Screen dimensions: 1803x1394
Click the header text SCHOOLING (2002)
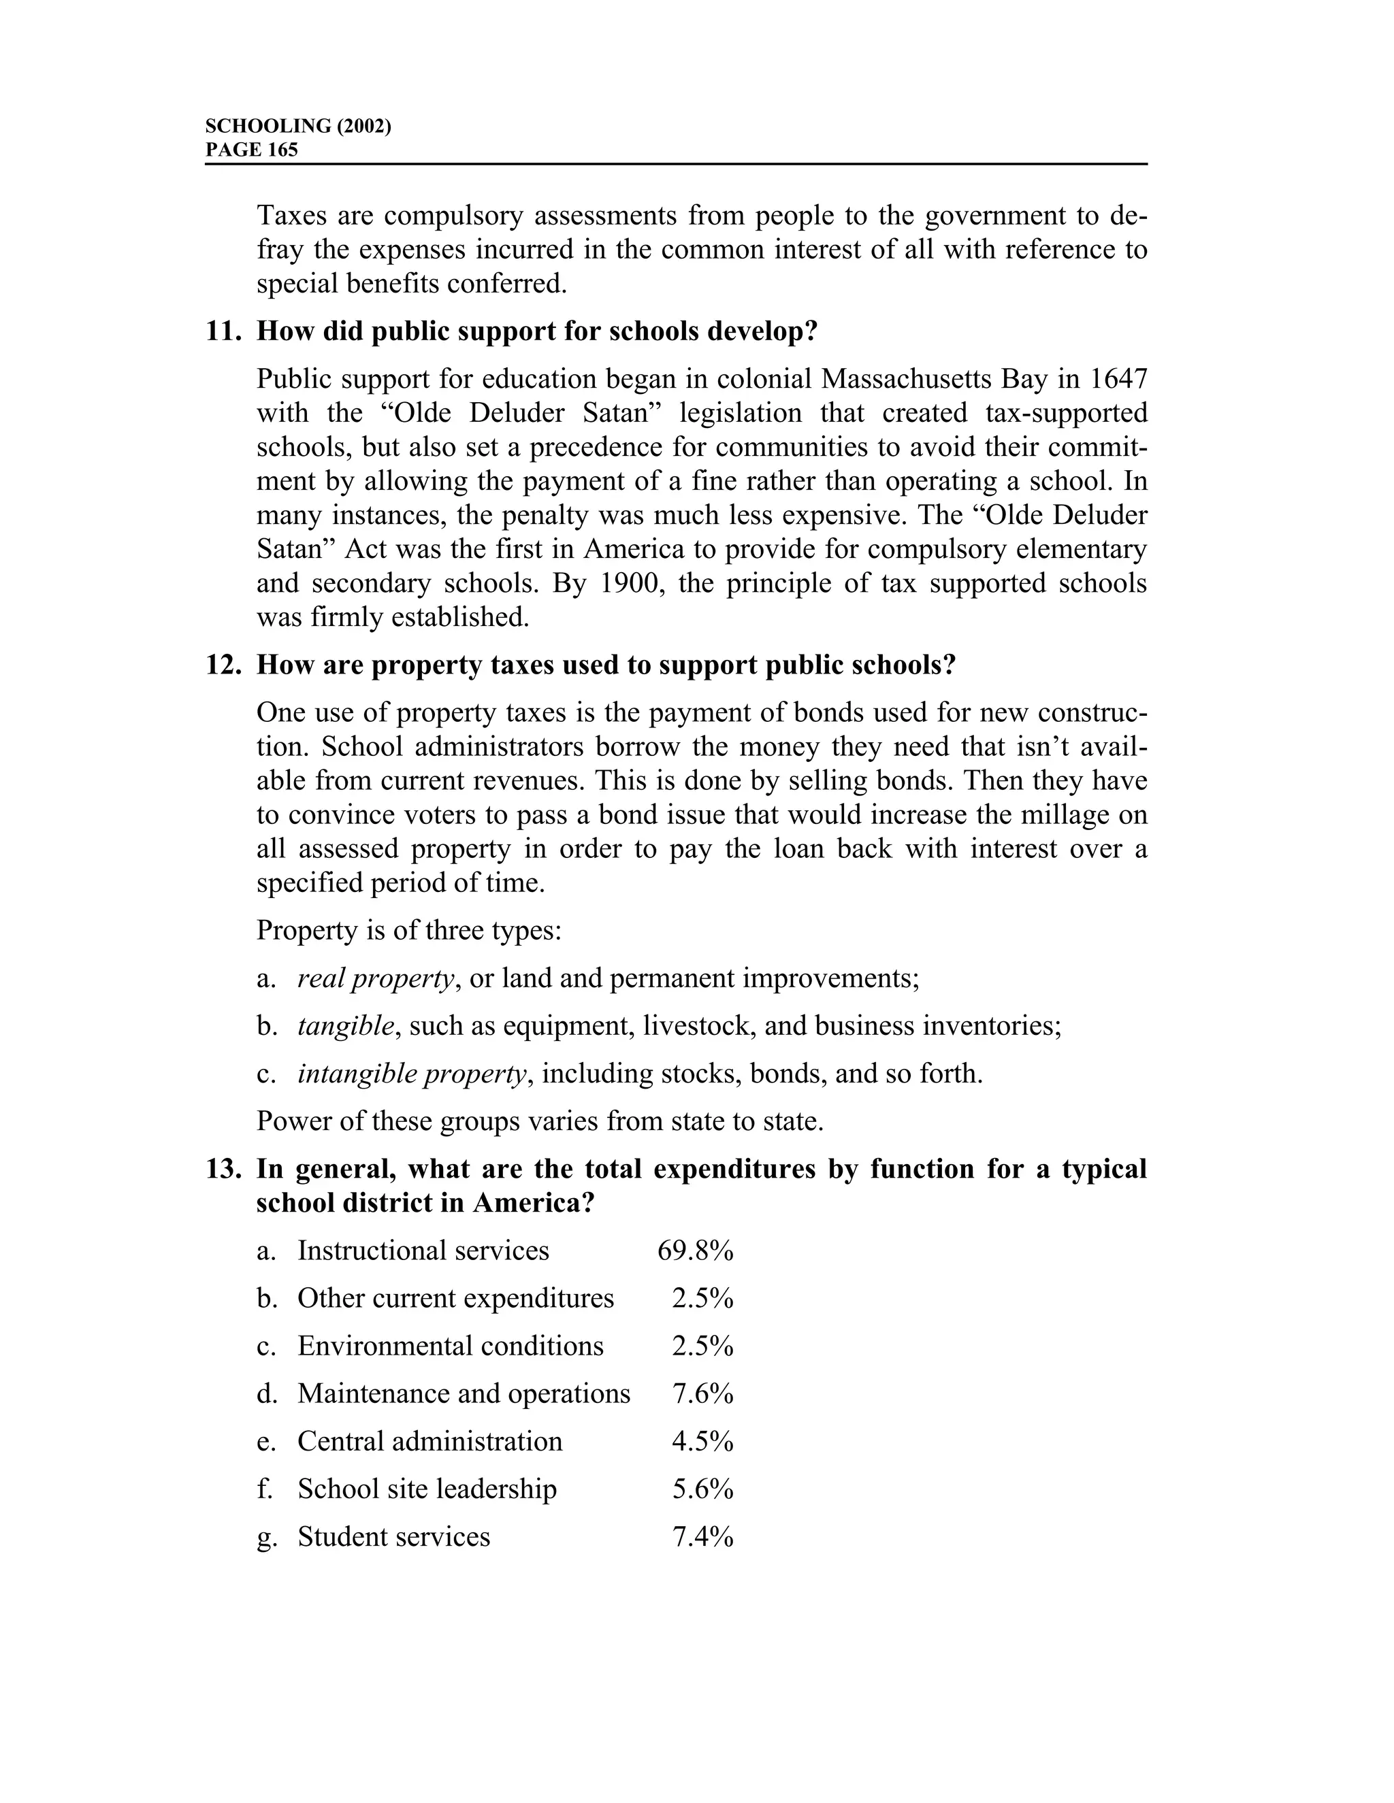point(297,127)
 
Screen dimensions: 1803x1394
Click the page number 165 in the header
point(282,150)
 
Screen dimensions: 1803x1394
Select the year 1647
point(1118,379)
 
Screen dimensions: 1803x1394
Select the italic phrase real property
point(376,979)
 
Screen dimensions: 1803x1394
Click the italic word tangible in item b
point(346,1026)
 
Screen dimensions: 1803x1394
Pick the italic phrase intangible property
point(411,1074)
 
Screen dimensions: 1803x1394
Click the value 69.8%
point(696,1251)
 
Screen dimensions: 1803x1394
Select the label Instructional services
point(423,1251)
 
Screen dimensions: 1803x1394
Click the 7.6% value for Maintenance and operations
point(702,1393)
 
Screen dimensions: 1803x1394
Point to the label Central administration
point(429,1442)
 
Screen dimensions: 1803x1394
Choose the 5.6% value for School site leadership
point(702,1489)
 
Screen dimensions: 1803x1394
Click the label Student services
point(394,1537)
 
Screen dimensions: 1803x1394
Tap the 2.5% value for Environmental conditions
point(702,1346)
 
